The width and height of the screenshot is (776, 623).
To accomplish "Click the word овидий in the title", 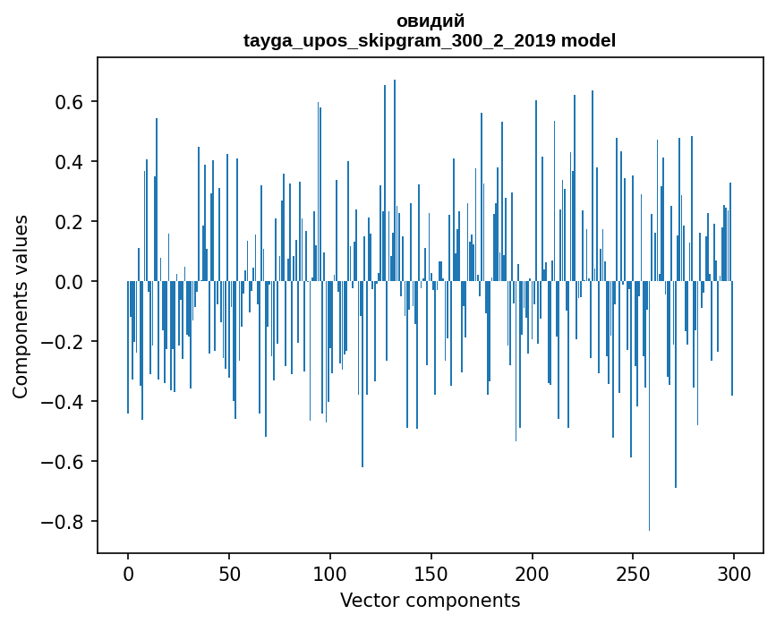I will [x=430, y=21].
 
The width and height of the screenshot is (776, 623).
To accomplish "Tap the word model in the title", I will [x=588, y=40].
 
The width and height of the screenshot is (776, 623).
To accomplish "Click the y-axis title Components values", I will [x=21, y=306].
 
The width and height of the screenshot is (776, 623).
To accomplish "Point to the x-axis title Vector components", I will [x=430, y=600].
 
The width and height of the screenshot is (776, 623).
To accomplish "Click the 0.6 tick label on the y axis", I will [x=65, y=102].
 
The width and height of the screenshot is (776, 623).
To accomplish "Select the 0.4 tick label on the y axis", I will [x=65, y=162].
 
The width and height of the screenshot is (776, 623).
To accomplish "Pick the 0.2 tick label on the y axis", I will [x=65, y=222].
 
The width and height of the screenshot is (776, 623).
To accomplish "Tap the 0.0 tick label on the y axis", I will [x=65, y=282].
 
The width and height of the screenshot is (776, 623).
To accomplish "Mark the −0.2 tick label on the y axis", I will [x=59, y=342].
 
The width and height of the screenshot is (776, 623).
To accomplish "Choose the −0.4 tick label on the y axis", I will [x=59, y=402].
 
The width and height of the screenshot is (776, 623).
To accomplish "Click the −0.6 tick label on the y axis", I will [x=59, y=462].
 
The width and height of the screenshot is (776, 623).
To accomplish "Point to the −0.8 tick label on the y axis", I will [x=59, y=522].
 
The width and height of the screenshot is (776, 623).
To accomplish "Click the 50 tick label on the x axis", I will [x=229, y=572].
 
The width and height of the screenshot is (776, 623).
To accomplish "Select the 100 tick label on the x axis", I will [x=330, y=572].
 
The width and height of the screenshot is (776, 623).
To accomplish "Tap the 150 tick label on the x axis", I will [x=431, y=572].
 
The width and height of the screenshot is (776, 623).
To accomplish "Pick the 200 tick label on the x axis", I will [x=533, y=572].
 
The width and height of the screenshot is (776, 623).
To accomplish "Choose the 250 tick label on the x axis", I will [x=633, y=572].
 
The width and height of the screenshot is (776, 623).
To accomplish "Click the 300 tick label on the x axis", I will [x=734, y=572].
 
